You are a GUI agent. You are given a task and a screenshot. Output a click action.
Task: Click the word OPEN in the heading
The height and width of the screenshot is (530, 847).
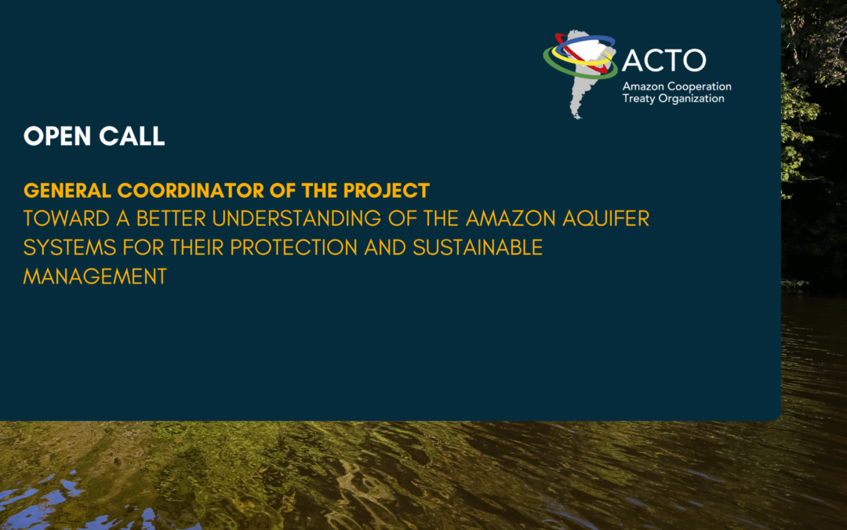(57, 136)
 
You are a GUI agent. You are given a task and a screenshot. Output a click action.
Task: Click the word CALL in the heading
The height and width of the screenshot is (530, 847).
(132, 136)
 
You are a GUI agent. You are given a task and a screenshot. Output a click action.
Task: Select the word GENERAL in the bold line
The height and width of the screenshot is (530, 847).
(67, 190)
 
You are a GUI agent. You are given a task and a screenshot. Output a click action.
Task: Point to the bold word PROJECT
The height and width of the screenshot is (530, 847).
(386, 190)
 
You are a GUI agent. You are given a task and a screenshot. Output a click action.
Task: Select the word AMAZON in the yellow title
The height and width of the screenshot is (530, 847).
(511, 218)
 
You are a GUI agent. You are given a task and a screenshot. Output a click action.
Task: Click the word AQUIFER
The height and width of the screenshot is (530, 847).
(605, 218)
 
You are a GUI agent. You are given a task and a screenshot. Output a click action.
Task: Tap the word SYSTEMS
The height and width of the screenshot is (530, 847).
(70, 247)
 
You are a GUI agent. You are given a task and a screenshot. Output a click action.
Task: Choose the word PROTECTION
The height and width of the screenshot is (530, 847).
(294, 247)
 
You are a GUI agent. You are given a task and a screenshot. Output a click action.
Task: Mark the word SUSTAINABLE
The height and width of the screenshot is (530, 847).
(478, 247)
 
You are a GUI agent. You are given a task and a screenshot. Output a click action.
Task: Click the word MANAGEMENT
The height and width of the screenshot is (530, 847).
(95, 276)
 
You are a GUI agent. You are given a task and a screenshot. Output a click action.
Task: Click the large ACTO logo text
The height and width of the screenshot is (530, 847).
(664, 60)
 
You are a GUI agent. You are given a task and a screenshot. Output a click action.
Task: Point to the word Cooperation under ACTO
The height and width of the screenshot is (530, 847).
(700, 86)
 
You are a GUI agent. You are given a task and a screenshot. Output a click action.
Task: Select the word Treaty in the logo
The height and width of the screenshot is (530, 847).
(638, 99)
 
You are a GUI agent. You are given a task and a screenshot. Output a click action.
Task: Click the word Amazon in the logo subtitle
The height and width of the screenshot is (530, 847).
(643, 86)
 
